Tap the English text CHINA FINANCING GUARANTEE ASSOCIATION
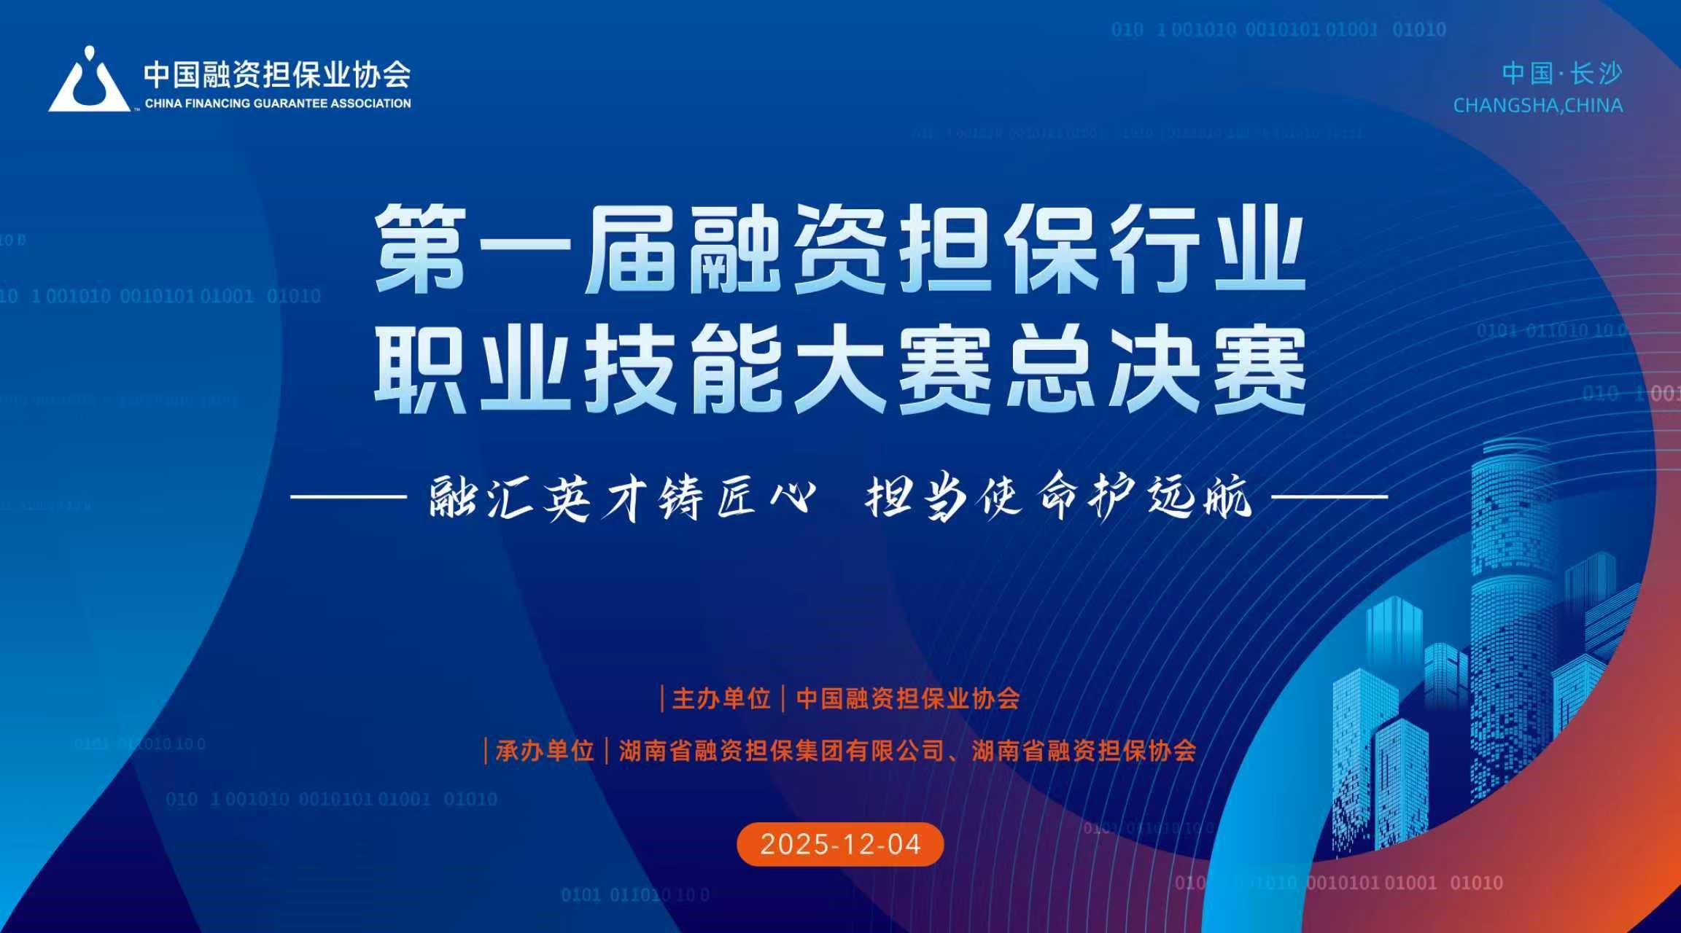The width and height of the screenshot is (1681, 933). pos(278,104)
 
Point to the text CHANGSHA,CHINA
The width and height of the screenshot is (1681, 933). pos(1538,106)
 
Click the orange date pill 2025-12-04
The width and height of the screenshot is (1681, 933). pos(840,844)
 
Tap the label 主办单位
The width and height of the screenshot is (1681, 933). pos(721,698)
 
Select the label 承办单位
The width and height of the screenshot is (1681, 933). pos(545,750)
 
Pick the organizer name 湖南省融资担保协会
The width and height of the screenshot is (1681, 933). pos(1084,750)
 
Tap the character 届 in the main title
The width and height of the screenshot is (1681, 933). pos(631,249)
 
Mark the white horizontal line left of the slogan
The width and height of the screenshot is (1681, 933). pos(348,497)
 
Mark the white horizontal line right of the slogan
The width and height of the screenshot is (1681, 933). pos(1329,497)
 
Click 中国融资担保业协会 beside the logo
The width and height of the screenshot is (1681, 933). pos(277,74)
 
